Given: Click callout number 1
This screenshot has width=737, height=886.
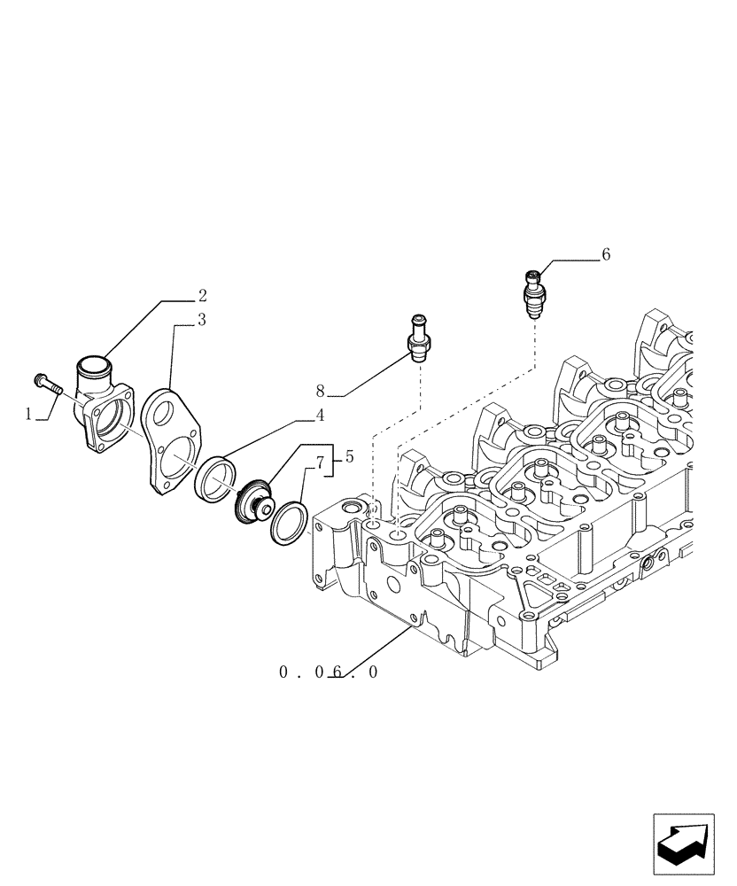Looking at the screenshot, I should [28, 414].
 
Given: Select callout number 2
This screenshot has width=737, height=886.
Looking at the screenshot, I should [202, 295].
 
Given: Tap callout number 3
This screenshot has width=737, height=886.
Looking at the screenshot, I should [202, 321].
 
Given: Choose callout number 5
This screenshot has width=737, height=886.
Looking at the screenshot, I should [349, 457].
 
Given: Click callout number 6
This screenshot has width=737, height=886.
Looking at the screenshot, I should [606, 255].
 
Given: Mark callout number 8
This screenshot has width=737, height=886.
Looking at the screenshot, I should [321, 390].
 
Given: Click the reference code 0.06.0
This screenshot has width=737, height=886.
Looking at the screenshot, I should [329, 672].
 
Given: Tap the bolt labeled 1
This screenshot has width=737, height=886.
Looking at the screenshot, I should [47, 383].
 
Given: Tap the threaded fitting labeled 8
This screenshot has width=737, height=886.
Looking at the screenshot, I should [419, 337].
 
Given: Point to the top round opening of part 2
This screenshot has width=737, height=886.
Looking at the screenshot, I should [94, 363].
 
